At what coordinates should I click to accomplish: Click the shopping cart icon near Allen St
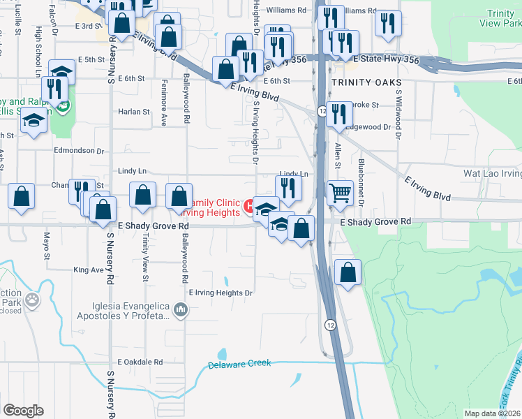[x=340, y=191]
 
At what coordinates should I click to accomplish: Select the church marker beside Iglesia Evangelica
[x=181, y=309]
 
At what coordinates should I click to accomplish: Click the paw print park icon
[x=32, y=300]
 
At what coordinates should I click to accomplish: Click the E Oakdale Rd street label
[x=140, y=362]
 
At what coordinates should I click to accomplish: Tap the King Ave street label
[x=88, y=269]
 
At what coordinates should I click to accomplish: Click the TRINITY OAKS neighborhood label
[x=362, y=82]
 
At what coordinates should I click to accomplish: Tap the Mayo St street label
[x=47, y=246]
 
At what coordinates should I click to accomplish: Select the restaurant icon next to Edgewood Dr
[x=339, y=115]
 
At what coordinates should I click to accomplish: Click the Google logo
[x=23, y=411]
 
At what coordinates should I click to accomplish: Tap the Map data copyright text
[x=493, y=413]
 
